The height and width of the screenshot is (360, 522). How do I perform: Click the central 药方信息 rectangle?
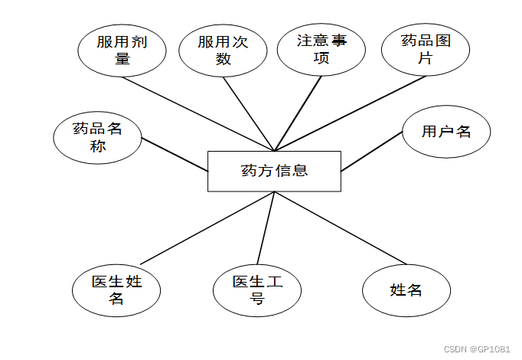pos(274,170)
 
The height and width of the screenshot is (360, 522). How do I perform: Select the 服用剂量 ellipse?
pos(122,50)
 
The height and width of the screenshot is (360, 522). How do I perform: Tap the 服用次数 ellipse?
pos(223,50)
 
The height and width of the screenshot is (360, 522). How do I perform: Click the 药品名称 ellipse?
pos(98,138)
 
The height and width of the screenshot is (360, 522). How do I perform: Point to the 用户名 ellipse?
pos(446,131)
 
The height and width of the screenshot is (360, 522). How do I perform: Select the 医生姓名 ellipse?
pos(116,290)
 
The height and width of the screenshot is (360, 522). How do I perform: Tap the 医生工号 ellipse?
pos(258,290)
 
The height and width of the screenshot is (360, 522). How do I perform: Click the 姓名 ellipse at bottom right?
pos(406,290)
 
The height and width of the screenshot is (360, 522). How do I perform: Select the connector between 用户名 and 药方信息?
pos(372,151)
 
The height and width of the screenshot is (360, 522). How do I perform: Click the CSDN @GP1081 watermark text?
pos(477,349)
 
